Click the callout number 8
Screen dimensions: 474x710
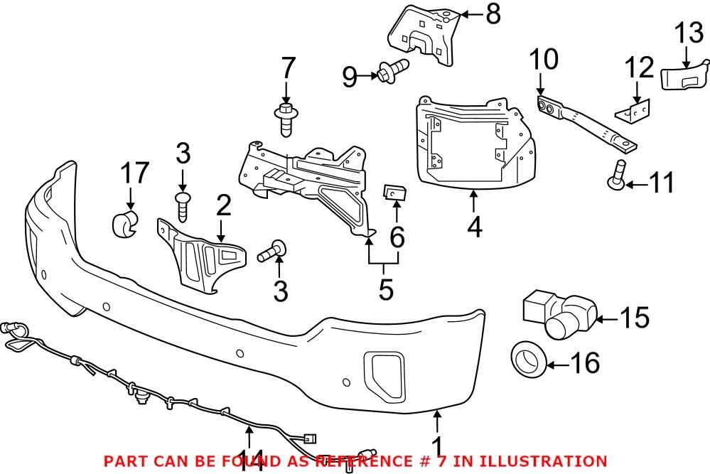[493, 14]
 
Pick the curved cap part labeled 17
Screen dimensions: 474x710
[126, 223]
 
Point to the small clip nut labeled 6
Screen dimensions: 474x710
[394, 193]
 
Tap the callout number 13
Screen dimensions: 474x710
[687, 33]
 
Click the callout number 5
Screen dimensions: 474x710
[385, 289]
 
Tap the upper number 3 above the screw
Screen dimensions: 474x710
[183, 153]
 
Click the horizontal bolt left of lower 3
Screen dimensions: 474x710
[274, 249]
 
